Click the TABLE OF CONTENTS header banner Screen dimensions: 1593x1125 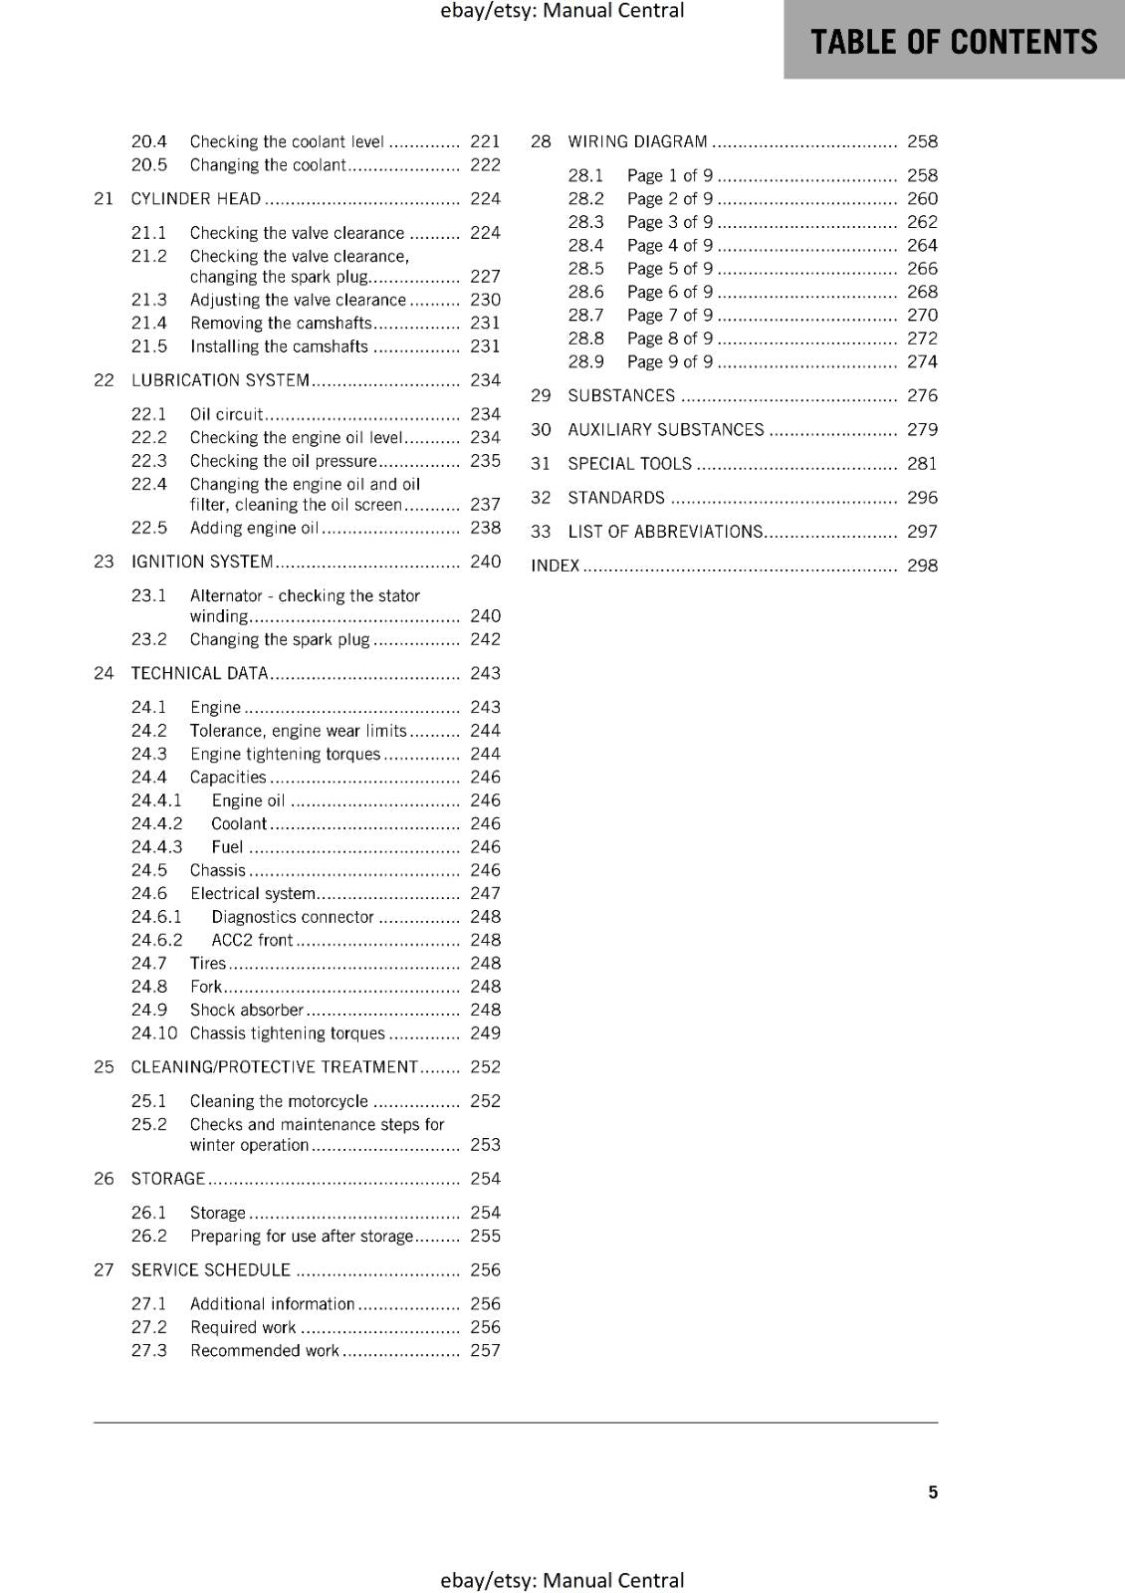click(954, 41)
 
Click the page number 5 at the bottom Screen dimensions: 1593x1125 click(933, 1491)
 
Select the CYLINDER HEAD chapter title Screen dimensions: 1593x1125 click(196, 199)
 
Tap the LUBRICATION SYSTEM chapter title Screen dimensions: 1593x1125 click(220, 380)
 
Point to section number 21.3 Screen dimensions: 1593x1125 click(149, 300)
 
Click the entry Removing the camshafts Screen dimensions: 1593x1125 click(281, 324)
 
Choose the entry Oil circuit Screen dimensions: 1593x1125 click(227, 414)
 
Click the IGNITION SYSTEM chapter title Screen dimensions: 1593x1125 click(202, 562)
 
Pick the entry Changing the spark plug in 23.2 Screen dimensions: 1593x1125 click(280, 640)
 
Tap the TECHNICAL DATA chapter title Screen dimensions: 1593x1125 click(200, 673)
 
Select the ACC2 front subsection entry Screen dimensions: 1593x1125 click(252, 940)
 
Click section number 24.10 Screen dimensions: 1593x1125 click(154, 1033)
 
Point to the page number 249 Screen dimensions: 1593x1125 click(485, 1033)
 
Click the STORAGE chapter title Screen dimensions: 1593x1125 click(168, 1179)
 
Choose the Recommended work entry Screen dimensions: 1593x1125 click(265, 1351)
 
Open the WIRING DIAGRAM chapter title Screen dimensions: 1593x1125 click(637, 141)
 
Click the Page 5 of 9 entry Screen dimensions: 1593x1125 click(670, 269)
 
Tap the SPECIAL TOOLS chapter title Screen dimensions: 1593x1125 click(629, 464)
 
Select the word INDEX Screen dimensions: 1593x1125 click(555, 566)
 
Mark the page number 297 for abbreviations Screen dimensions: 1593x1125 click(922, 532)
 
